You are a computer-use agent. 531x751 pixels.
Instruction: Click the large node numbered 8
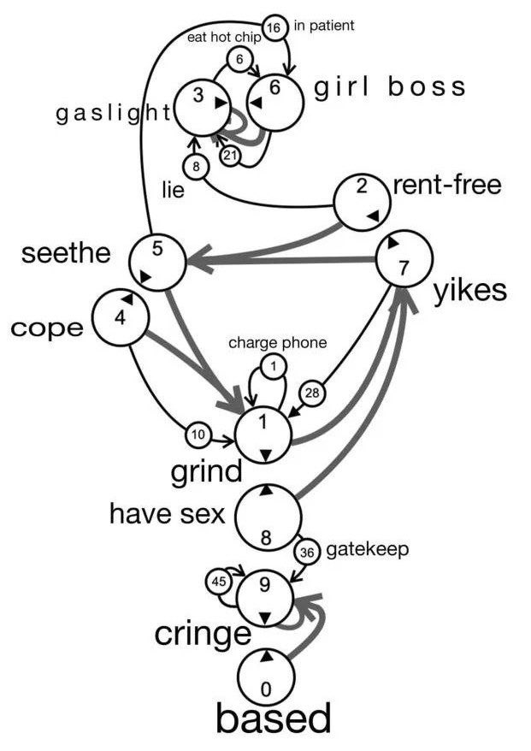pyautogui.click(x=267, y=517)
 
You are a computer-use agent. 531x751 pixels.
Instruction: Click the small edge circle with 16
pyautogui.click(x=274, y=28)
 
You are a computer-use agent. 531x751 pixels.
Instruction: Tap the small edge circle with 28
pyautogui.click(x=312, y=393)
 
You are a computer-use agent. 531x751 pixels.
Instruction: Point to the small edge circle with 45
pyautogui.click(x=218, y=582)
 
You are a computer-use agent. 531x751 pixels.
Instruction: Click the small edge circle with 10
pyautogui.click(x=198, y=435)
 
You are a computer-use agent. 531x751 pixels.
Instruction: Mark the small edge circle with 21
pyautogui.click(x=230, y=156)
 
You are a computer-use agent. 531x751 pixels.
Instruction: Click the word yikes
pyautogui.click(x=469, y=291)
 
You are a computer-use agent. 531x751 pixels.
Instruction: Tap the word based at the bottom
pyautogui.click(x=272, y=719)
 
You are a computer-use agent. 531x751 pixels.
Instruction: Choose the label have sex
pyautogui.click(x=167, y=514)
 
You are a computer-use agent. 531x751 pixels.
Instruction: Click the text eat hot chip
pyautogui.click(x=224, y=38)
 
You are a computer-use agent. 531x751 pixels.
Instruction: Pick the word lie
pyautogui.click(x=174, y=192)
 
